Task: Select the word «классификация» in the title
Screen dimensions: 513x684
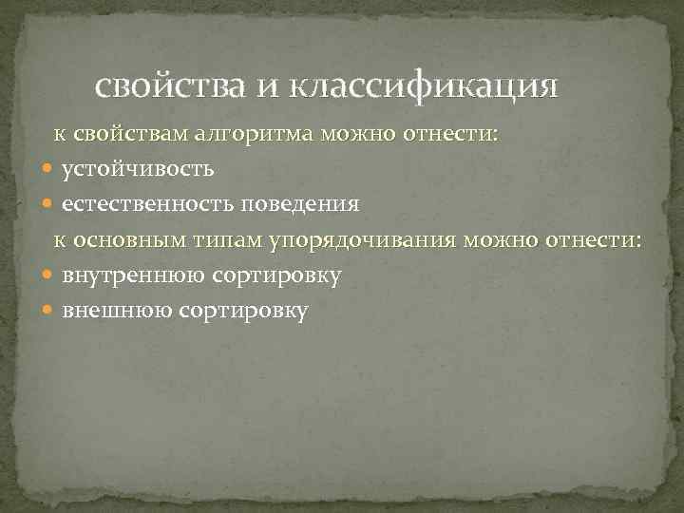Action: [425, 88]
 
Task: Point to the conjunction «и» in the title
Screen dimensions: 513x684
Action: [270, 88]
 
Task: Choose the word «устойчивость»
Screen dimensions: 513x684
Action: [138, 169]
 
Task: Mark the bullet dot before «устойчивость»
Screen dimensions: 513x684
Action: [48, 169]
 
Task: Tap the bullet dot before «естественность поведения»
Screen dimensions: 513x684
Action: [48, 204]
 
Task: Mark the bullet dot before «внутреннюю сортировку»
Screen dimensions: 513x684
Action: [48, 275]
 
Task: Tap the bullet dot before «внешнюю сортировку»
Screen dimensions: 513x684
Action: [48, 310]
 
